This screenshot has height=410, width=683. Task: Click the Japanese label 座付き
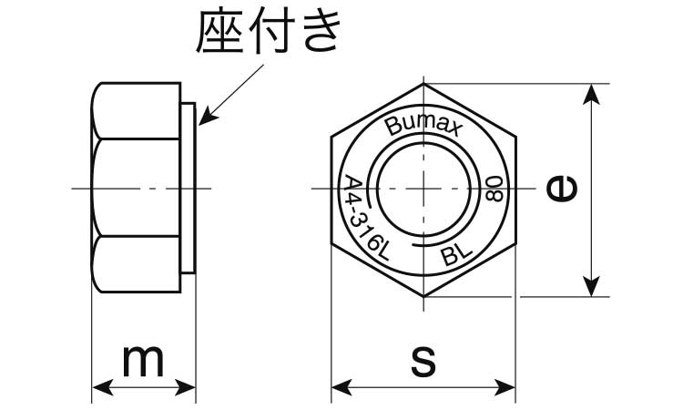pyautogui.click(x=268, y=32)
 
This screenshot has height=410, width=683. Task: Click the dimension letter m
pyautogui.click(x=143, y=361)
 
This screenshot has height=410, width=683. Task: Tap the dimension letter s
pyautogui.click(x=423, y=362)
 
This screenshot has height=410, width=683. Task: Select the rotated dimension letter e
pyautogui.click(x=562, y=188)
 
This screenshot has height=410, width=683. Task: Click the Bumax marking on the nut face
pyautogui.click(x=422, y=126)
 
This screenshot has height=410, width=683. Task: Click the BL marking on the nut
pyautogui.click(x=456, y=254)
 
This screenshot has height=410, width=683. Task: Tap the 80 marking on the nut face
pyautogui.click(x=494, y=189)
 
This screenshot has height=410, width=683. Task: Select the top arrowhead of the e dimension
pyautogui.click(x=591, y=93)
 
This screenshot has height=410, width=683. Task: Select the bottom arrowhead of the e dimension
pyautogui.click(x=591, y=287)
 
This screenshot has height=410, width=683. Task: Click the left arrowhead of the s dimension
pyautogui.click(x=341, y=387)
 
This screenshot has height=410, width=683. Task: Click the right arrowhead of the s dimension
pyautogui.click(x=505, y=387)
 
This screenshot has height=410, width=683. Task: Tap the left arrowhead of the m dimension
pyautogui.click(x=103, y=387)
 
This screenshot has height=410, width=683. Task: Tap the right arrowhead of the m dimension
pyautogui.click(x=185, y=387)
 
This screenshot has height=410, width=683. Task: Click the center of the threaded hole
pyautogui.click(x=423, y=189)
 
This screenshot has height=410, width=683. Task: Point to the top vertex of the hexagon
pyautogui.click(x=423, y=83)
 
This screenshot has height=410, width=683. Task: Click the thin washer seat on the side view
pyautogui.click(x=189, y=189)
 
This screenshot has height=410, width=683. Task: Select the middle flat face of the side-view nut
pyautogui.click(x=136, y=188)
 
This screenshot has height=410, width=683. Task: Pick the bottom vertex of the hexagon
pyautogui.click(x=423, y=297)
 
